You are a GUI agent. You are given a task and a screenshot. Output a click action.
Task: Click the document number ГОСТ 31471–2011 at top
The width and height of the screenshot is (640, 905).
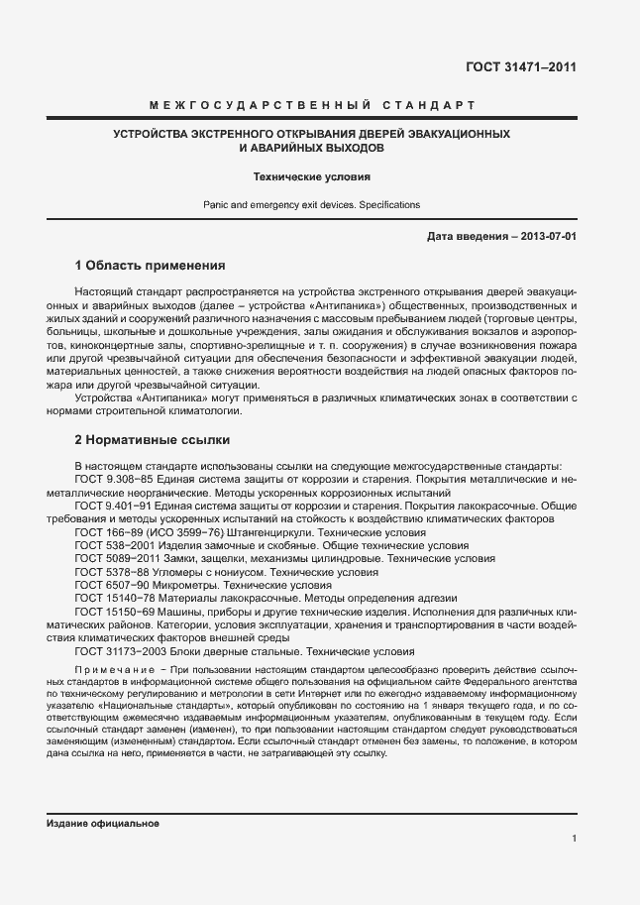[x=521, y=67]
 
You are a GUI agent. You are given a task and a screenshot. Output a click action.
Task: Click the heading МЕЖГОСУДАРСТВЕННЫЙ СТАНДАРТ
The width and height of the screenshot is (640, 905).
[x=311, y=105]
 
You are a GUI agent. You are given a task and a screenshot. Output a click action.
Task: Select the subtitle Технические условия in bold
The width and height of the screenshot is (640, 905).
[x=311, y=177]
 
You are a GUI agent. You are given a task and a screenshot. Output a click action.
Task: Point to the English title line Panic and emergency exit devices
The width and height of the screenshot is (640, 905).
[x=311, y=205]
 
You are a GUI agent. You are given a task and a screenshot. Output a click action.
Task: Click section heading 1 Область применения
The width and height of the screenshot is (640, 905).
[x=151, y=266]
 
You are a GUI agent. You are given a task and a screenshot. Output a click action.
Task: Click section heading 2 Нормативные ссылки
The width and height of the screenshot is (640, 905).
[x=153, y=438]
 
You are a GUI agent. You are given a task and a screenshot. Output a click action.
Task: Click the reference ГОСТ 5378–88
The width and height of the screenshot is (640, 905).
[x=111, y=572]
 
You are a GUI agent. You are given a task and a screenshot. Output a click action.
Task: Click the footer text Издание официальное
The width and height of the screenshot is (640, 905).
[x=102, y=824]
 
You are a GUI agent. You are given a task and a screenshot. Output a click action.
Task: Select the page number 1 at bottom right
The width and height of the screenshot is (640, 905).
[x=574, y=839]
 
